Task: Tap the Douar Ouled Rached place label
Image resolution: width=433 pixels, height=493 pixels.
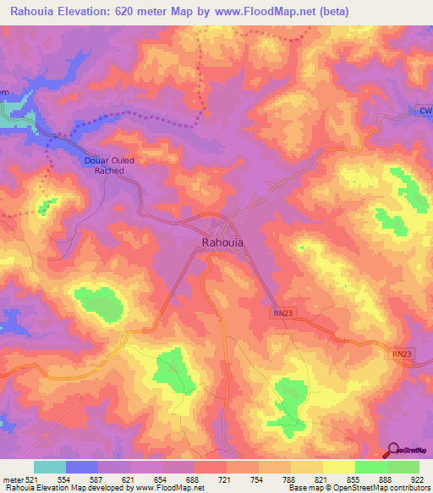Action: [104, 165]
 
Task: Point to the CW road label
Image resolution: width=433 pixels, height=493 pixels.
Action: [425, 111]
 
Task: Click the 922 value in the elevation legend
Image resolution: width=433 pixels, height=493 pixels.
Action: [418, 479]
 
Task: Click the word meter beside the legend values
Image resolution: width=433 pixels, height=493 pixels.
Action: [12, 479]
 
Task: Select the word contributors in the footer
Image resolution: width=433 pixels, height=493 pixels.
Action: [407, 488]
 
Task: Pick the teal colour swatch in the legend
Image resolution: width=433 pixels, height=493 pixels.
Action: [49, 467]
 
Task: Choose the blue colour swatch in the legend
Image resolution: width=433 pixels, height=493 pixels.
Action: [81, 467]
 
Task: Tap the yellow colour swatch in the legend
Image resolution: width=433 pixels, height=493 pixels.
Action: [338, 467]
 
